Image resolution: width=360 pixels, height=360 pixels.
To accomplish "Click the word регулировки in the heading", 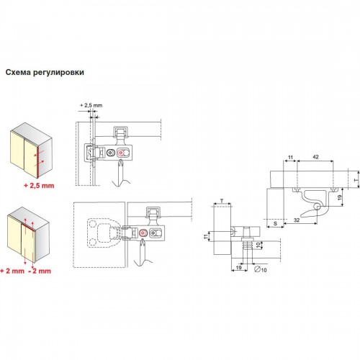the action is click(x=59, y=73).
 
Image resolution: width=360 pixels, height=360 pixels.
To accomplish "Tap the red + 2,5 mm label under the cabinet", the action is click(x=39, y=186).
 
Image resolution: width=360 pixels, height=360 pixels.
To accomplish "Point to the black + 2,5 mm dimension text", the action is click(x=91, y=105).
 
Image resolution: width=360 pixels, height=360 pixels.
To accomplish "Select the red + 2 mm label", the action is click(x=12, y=271).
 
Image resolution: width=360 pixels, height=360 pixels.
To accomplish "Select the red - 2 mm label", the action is click(x=40, y=271).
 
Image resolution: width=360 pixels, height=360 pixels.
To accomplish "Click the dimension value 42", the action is click(x=315, y=157).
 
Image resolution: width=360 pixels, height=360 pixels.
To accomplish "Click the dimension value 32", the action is click(x=297, y=220).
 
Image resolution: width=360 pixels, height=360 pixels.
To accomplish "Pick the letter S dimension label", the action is click(x=275, y=223).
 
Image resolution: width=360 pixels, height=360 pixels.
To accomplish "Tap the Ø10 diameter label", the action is click(x=261, y=269).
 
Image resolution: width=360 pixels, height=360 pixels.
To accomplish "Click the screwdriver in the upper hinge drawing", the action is click(x=121, y=174).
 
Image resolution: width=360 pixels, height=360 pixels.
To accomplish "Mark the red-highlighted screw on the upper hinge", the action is click(x=120, y=153).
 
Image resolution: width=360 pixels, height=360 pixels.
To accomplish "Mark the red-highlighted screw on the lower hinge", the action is click(x=143, y=233).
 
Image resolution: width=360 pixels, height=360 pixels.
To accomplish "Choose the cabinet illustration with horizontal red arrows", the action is click(x=31, y=150).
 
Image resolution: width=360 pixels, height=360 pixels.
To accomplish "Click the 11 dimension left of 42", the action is click(x=290, y=158).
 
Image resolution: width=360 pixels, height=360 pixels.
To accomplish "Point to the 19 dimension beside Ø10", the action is click(x=238, y=267).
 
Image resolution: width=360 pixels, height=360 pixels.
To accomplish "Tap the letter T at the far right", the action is click(x=356, y=180).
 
